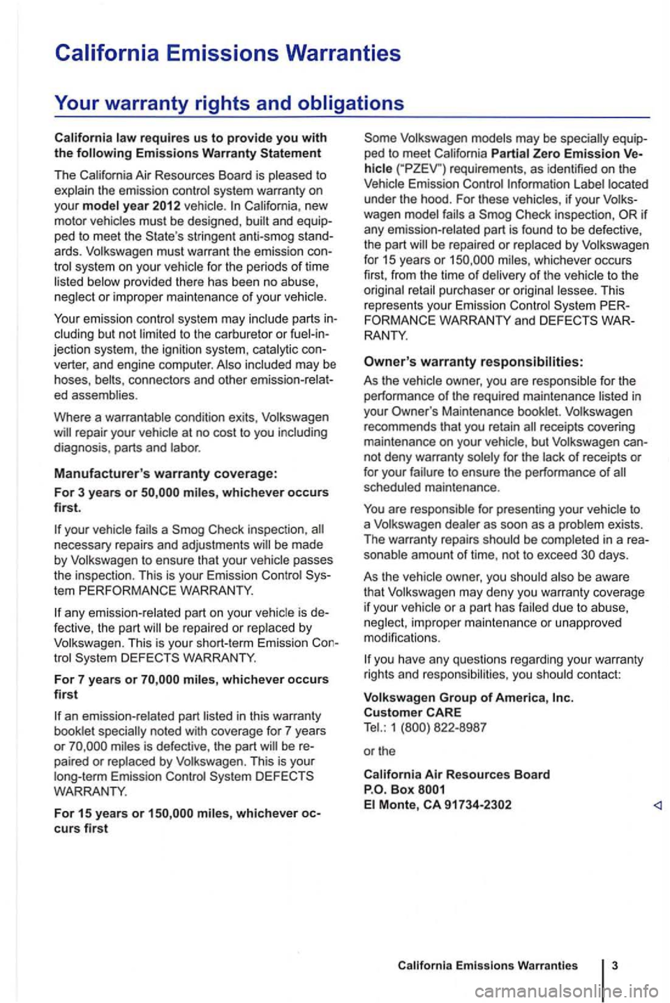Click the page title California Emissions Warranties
(228, 53)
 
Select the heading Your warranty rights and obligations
(229, 103)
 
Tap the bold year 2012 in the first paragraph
(166, 205)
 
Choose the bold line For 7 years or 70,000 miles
(191, 679)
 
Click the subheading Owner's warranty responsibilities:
(474, 361)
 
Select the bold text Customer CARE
(412, 712)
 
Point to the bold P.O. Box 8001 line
(405, 789)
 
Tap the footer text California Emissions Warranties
(487, 965)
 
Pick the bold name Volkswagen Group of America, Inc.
(468, 697)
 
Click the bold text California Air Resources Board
(456, 774)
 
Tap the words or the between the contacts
(380, 751)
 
